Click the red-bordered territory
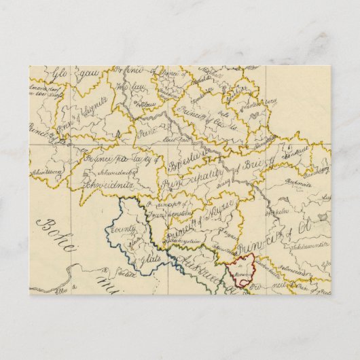[x=242, y=271]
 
